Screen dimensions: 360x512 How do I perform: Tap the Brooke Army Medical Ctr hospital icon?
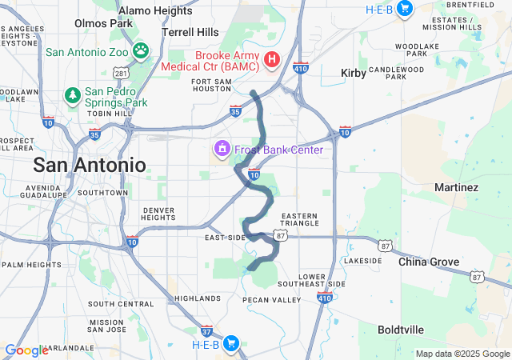272,59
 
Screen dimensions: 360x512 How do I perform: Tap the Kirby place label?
353,73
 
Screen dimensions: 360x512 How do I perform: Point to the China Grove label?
429,262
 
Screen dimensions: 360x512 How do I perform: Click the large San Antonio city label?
89,166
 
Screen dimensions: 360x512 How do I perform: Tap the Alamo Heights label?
154,10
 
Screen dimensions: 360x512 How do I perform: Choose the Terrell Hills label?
190,32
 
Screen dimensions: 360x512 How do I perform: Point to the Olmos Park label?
103,23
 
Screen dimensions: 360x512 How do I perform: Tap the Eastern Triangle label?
299,220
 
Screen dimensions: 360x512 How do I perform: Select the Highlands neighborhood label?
197,298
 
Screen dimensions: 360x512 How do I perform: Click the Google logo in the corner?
26,350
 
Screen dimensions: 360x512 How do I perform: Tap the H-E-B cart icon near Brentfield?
405,8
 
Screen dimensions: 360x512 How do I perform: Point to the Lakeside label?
363,261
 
